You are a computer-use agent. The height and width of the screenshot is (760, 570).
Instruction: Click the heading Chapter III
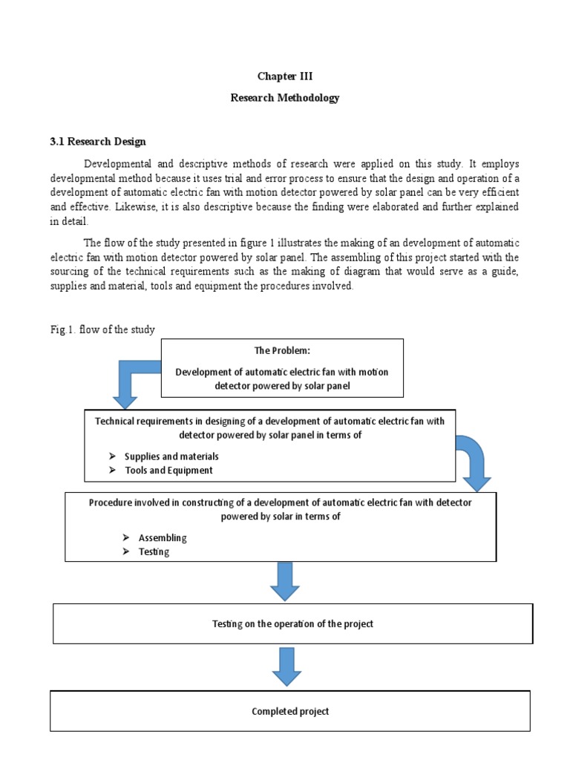(x=284, y=76)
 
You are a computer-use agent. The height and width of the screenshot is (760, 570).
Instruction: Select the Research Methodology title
(x=284, y=98)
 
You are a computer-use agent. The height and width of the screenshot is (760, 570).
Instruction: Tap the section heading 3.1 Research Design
(x=98, y=141)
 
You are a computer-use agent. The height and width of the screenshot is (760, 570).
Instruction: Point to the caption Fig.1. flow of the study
(x=102, y=330)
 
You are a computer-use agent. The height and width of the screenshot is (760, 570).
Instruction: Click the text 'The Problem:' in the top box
(x=281, y=351)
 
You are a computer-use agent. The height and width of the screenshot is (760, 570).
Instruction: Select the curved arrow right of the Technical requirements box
(x=470, y=460)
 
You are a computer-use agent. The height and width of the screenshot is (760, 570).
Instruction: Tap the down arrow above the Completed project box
(x=286, y=666)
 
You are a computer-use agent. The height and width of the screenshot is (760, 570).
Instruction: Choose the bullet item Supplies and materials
(x=171, y=456)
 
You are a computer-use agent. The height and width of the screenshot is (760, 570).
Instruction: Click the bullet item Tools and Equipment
(x=168, y=471)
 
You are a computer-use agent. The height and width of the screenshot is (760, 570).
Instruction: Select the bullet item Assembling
(x=163, y=537)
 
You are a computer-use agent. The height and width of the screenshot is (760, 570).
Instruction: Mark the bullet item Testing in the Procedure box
(x=154, y=551)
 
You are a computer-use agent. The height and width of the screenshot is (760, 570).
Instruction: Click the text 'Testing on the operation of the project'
(x=292, y=623)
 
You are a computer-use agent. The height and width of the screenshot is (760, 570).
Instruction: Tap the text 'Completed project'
(x=290, y=711)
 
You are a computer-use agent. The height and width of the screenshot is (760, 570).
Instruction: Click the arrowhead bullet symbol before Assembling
(x=126, y=537)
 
